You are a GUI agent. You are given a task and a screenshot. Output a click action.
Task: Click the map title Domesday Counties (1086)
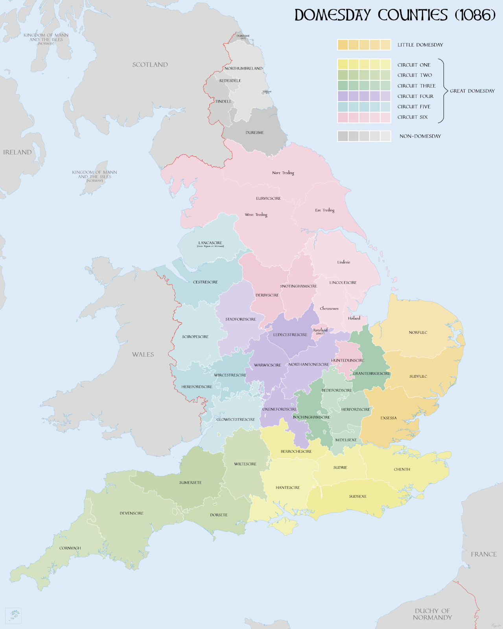pyautogui.click(x=394, y=15)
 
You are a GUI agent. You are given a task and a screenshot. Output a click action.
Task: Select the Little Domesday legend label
pyautogui.click(x=420, y=45)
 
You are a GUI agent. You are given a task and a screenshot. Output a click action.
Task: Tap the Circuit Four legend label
pyautogui.click(x=415, y=96)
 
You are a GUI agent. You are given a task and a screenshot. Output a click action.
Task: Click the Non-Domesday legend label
pyautogui.click(x=420, y=136)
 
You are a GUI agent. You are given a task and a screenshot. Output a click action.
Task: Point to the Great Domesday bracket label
pyautogui.click(x=472, y=91)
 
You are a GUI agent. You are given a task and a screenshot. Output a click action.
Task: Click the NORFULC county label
pyautogui.click(x=418, y=333)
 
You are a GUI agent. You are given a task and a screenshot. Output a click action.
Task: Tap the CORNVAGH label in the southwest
pyautogui.click(x=70, y=548)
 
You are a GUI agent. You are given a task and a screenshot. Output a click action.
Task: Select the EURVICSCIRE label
pyautogui.click(x=268, y=199)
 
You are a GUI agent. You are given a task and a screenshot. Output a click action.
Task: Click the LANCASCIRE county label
pyautogui.click(x=210, y=243)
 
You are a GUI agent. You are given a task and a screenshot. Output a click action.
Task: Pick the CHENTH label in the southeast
pyautogui.click(x=402, y=469)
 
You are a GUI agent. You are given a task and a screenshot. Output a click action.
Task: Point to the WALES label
pyautogui.click(x=143, y=355)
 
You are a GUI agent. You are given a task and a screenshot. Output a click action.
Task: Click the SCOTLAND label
pyautogui.click(x=150, y=65)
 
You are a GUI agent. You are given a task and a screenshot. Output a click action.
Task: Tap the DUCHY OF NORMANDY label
pyautogui.click(x=432, y=614)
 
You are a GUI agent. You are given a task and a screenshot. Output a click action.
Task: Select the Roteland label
pyautogui.click(x=320, y=330)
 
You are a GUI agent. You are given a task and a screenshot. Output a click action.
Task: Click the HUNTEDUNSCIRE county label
pyautogui.click(x=347, y=360)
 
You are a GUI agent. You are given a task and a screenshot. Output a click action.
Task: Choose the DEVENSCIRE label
pyautogui.click(x=131, y=513)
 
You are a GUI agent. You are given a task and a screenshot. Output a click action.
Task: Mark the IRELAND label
pyautogui.click(x=17, y=152)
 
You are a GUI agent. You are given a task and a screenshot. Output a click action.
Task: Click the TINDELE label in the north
pyautogui.click(x=223, y=101)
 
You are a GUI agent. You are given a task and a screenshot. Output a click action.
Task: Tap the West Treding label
pyautogui.click(x=256, y=215)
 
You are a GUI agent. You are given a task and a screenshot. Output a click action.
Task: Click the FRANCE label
pyautogui.click(x=483, y=554)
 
